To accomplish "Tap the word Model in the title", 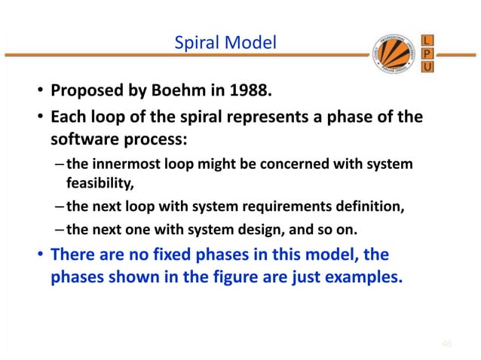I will click(250, 44).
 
